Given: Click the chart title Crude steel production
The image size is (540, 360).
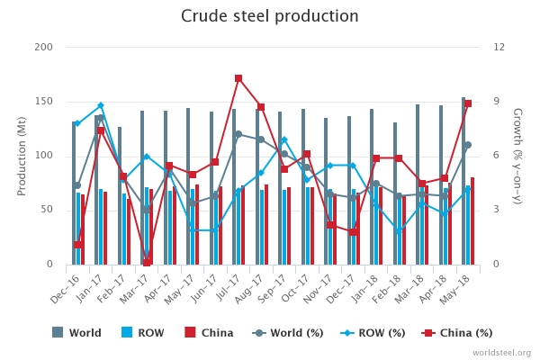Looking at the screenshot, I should [x=270, y=16].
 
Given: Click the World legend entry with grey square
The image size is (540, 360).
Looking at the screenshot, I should [x=77, y=332].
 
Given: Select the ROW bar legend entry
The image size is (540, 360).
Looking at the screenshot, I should [x=143, y=332].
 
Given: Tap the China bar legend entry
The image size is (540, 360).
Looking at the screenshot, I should [x=209, y=332].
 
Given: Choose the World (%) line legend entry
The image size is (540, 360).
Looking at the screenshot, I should [x=287, y=332].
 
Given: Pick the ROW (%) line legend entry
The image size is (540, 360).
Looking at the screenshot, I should [x=373, y=332].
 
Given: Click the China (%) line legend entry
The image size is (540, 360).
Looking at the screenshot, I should [x=457, y=332].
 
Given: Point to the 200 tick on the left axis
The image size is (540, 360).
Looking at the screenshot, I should [x=43, y=47].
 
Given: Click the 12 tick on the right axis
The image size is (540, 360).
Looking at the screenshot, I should [x=496, y=47].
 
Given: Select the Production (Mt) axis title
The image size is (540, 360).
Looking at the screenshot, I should [x=22, y=156].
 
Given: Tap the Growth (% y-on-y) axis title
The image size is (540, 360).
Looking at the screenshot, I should [x=517, y=156].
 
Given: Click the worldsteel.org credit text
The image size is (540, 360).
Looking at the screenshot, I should [x=501, y=353].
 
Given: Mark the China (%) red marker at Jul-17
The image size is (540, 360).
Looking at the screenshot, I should [x=238, y=78].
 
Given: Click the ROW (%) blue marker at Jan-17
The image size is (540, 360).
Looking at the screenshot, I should [x=100, y=105].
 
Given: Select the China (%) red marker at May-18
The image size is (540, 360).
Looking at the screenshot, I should [x=468, y=103].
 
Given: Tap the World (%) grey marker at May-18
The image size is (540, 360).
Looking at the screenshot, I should [x=468, y=145].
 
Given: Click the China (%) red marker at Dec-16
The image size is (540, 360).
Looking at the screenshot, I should [x=78, y=245].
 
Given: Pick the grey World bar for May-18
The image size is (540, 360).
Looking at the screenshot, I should [x=463, y=180].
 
